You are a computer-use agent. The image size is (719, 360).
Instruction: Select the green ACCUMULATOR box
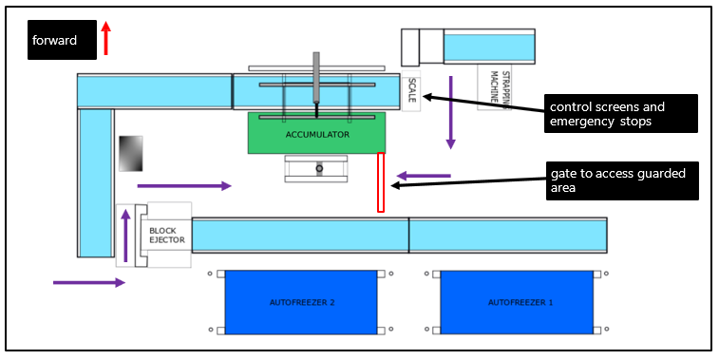click(x=316, y=134)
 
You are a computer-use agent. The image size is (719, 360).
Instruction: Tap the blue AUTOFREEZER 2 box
click(x=300, y=302)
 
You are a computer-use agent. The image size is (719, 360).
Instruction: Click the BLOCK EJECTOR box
click(x=163, y=235)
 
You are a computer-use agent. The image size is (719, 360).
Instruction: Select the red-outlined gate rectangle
click(x=381, y=181)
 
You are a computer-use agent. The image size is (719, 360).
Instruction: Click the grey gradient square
click(x=130, y=153)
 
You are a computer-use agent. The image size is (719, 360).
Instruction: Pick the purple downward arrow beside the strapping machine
click(x=451, y=112)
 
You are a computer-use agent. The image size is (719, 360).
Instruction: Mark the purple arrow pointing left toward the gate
click(x=424, y=175)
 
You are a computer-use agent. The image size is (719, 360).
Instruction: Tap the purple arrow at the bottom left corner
click(x=88, y=282)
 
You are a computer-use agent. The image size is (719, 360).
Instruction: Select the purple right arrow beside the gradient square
click(x=184, y=186)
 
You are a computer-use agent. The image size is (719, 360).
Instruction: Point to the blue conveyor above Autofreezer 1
click(x=507, y=234)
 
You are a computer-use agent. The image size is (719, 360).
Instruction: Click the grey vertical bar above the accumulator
click(x=315, y=74)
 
